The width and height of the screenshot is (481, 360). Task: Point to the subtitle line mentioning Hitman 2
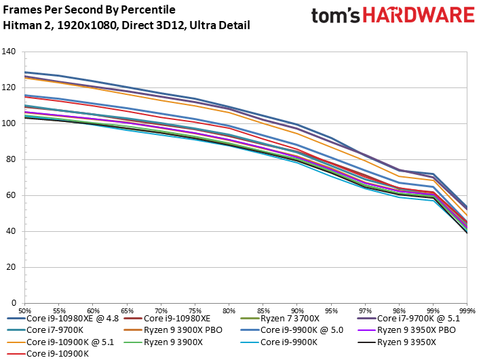pos(126,25)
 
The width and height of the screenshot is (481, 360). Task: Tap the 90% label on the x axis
pos(296,308)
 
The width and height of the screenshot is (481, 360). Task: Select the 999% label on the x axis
pos(465,308)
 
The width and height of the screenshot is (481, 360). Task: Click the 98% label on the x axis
pos(398,308)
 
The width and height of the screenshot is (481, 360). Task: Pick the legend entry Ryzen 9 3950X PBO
pos(415,329)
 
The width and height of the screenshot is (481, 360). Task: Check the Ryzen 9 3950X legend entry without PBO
pos(408,342)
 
